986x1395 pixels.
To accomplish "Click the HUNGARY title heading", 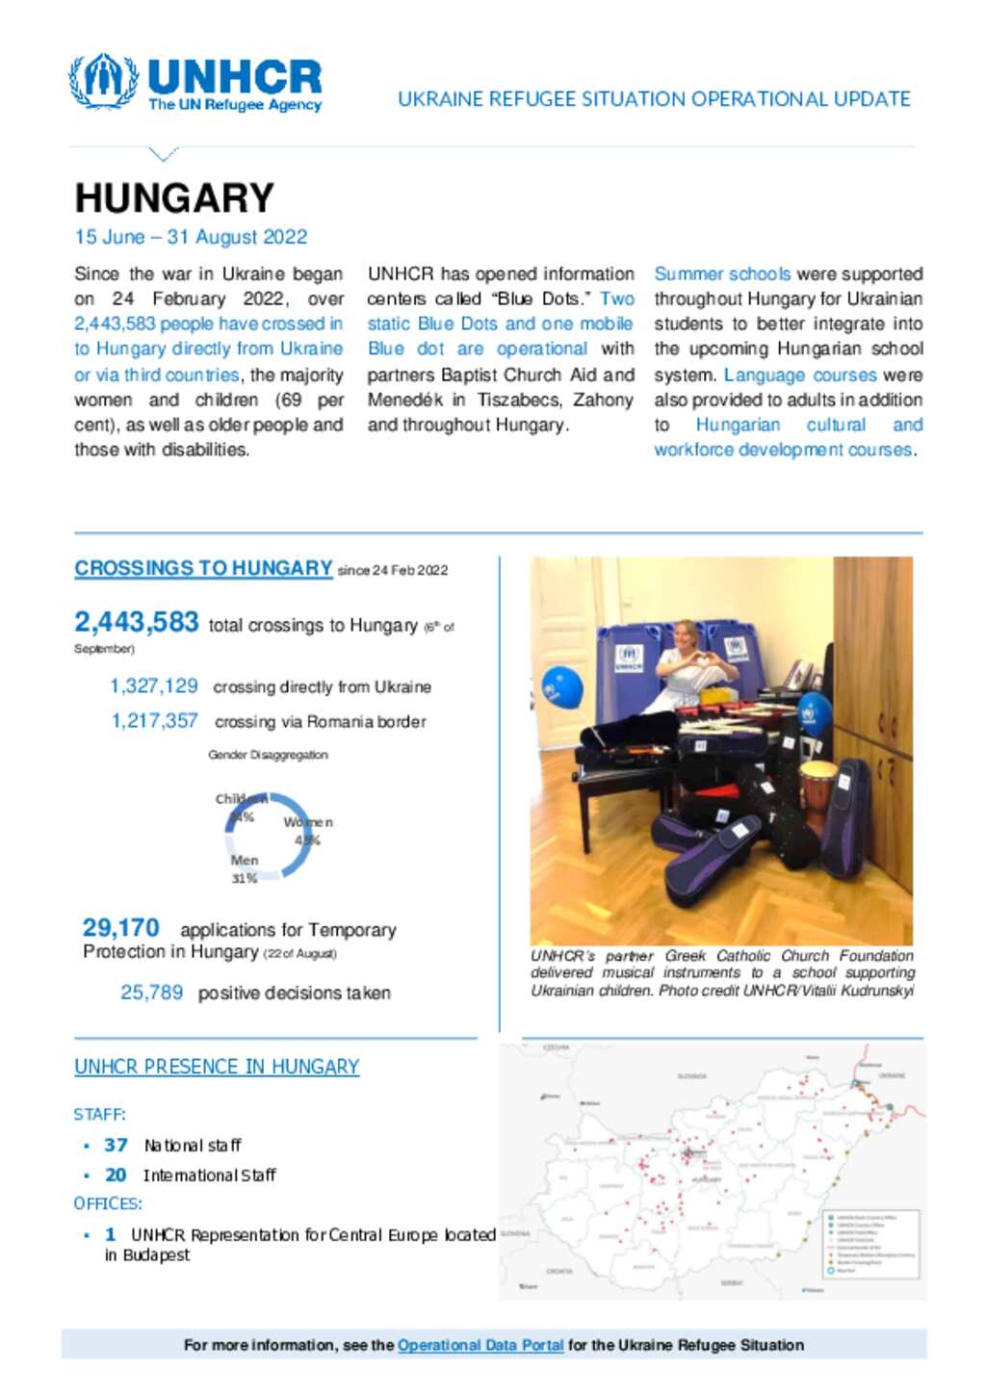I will click(174, 198).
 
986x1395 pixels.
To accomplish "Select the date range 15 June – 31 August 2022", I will click(191, 237).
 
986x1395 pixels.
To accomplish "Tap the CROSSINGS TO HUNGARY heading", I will click(203, 568).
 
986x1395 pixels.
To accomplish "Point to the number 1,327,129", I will click(153, 686).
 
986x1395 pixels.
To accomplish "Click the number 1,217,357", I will click(154, 721).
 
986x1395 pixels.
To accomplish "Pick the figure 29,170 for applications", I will click(120, 927).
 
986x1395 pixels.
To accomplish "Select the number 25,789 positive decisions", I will click(151, 993).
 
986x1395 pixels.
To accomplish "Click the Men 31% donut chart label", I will click(244, 868).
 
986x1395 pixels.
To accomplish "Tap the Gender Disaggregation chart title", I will click(268, 755).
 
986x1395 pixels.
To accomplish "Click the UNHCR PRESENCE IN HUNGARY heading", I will click(217, 1067).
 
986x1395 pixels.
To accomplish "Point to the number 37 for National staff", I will click(116, 1145).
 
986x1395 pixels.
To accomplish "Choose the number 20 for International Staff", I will click(116, 1175).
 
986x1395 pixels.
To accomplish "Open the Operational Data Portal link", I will click(480, 1345).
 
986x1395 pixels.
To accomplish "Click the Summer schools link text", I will click(722, 274).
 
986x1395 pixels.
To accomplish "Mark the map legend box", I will click(871, 1243).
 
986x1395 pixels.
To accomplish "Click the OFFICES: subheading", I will click(108, 1203).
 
